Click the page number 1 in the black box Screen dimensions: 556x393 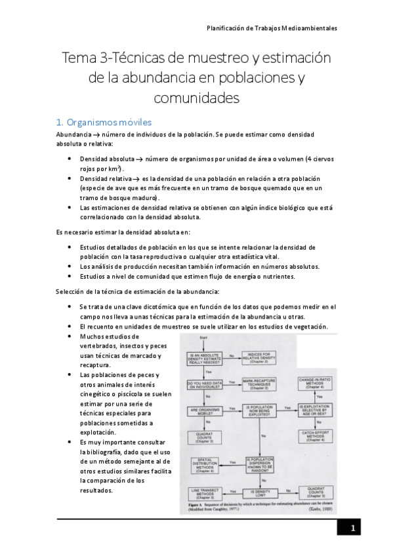352,528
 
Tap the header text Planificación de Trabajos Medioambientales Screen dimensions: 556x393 272,29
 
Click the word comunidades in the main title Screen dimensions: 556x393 196,98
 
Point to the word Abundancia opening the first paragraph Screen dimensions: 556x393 73,134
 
